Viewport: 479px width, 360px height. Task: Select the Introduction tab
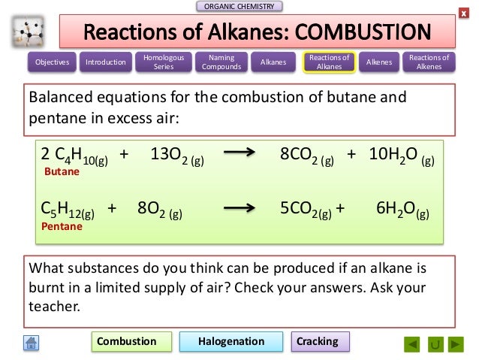coord(106,62)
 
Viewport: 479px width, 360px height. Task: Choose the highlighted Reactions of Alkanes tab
coord(329,62)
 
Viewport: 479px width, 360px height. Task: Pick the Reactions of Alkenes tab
coord(429,62)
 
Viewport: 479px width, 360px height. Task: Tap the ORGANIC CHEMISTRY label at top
coord(239,7)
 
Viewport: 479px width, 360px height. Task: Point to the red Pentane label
coord(62,225)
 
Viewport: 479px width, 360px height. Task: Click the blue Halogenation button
coord(231,341)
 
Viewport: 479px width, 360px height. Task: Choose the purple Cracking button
coord(318,341)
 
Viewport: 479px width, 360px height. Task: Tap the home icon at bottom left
coord(32,343)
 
